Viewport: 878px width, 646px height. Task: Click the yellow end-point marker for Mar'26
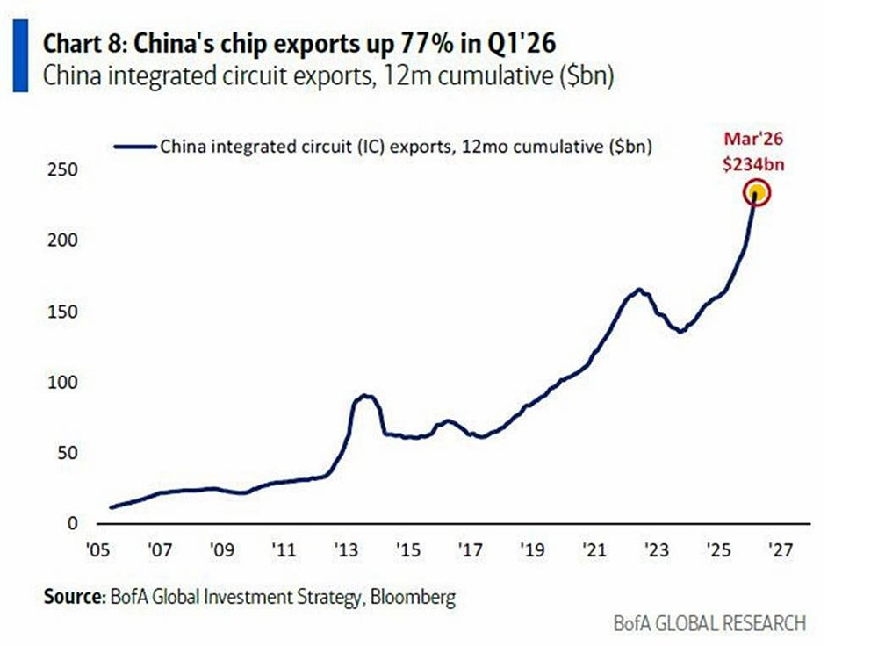[x=757, y=193]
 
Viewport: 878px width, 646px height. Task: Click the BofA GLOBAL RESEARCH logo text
[x=709, y=624]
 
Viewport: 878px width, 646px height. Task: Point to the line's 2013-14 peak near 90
[x=365, y=397]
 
